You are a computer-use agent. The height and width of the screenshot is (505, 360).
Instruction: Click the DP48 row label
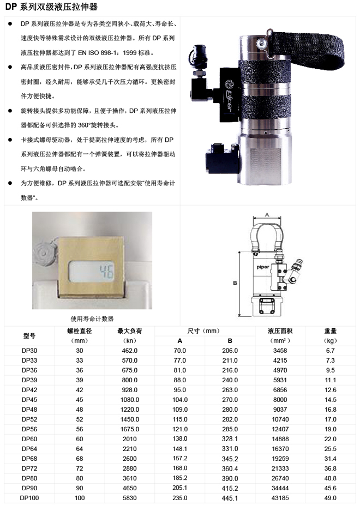(x=29, y=410)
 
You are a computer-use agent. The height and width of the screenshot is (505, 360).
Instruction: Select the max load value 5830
(x=130, y=498)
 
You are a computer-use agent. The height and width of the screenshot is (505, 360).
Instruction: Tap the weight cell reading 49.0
(x=331, y=498)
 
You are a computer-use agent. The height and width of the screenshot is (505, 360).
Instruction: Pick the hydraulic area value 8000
(x=280, y=400)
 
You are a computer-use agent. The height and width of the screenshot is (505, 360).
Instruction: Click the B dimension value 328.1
(x=230, y=439)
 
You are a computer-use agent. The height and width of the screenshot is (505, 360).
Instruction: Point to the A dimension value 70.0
(x=179, y=351)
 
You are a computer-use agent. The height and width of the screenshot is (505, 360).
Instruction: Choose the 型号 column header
(x=29, y=335)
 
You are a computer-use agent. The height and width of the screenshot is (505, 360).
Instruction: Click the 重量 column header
(x=331, y=331)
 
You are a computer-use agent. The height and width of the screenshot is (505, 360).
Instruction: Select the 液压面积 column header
(x=280, y=331)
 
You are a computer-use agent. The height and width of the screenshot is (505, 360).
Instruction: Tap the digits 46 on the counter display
(x=106, y=272)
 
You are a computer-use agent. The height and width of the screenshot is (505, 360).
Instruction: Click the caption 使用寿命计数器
(x=92, y=319)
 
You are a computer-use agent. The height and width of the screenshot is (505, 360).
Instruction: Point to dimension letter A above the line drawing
(x=267, y=215)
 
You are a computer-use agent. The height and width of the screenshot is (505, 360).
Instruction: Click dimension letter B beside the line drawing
(x=235, y=283)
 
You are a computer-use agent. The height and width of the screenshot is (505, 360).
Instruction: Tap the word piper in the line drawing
(x=263, y=267)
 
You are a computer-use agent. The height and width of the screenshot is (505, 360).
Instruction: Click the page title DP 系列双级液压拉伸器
(x=51, y=7)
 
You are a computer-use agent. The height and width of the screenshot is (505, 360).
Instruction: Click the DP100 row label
(x=29, y=498)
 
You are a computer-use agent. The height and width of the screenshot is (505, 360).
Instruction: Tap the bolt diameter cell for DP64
(x=80, y=449)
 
